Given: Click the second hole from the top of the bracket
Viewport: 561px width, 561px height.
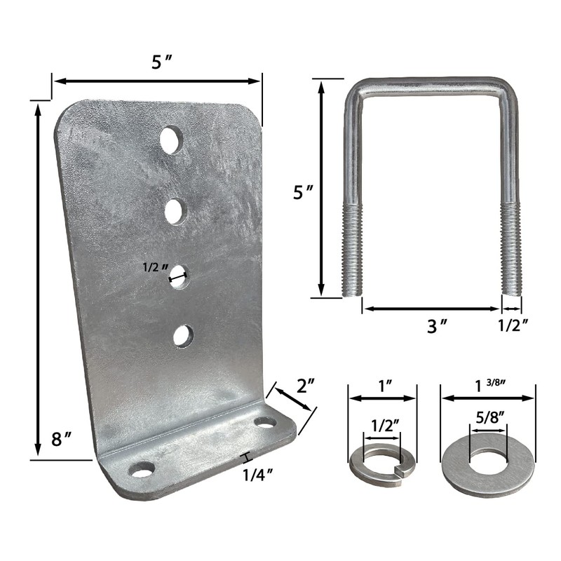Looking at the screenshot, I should point(175,210).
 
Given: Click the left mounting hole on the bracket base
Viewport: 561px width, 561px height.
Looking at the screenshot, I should point(143,468).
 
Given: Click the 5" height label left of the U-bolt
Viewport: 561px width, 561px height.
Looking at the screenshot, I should point(302,191).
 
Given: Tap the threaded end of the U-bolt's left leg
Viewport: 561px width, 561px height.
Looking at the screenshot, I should point(351,249).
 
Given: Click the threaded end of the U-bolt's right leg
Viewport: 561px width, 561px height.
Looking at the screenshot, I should point(512,249).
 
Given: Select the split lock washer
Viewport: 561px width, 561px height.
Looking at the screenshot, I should point(383,461).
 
